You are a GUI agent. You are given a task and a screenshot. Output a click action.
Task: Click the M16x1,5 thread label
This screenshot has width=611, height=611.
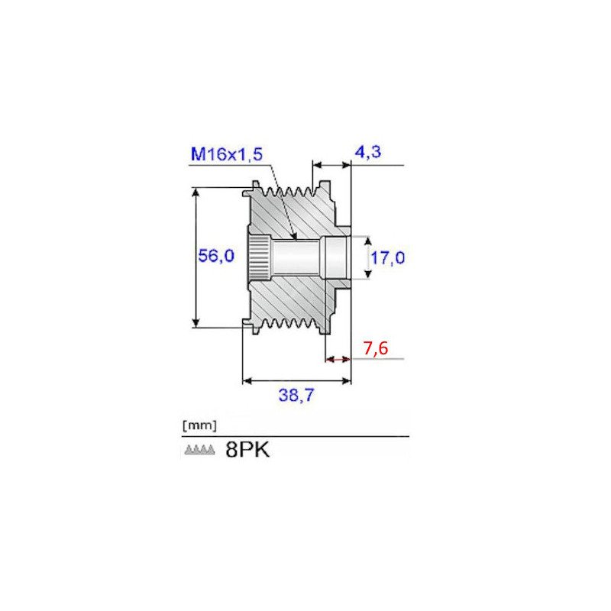coord(227,154)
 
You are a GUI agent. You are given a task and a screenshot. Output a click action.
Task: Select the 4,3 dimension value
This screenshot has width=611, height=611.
coord(368,151)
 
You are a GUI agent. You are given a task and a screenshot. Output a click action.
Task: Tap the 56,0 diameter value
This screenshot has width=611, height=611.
coord(216,256)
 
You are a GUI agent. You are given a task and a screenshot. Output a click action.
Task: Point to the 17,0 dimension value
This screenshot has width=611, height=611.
coord(387,257)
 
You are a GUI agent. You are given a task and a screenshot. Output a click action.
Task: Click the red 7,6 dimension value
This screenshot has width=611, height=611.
coord(376,348)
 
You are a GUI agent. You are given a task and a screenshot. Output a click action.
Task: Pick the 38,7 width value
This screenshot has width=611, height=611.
coord(296,395)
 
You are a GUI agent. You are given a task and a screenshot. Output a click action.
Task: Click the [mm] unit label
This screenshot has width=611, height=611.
coord(199,425)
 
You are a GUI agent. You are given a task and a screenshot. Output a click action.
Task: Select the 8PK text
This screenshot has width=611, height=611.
coord(247,450)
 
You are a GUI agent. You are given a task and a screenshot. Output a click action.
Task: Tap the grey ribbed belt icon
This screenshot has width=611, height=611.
coord(199,450)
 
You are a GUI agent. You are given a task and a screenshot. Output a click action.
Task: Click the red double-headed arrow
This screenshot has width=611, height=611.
coord(338,359)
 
